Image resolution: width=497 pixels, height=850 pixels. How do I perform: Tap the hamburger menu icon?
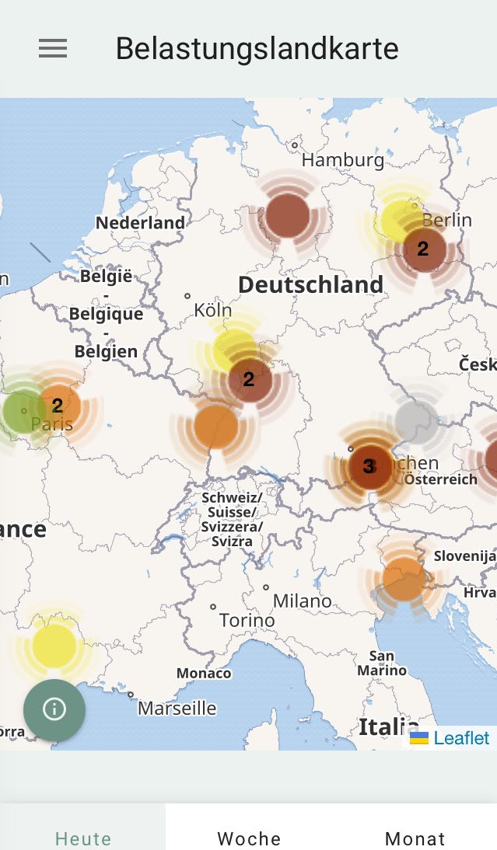[53, 49]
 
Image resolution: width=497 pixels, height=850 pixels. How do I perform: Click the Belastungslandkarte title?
[257, 49]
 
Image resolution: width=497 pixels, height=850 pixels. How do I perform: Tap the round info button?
[54, 709]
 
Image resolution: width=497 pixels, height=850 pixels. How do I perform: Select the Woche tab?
[249, 838]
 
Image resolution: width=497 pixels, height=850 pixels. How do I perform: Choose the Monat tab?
[415, 838]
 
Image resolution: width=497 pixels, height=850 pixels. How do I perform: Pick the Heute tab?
[83, 838]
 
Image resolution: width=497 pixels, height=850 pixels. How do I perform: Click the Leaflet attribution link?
[461, 738]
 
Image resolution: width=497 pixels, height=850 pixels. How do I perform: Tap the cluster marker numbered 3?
[369, 466]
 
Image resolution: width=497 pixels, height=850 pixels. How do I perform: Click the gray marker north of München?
[416, 420]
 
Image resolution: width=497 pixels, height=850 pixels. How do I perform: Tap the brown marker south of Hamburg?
[288, 217]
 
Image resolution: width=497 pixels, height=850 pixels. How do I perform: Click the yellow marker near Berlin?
[401, 220]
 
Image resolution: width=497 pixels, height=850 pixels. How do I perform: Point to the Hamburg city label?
[342, 160]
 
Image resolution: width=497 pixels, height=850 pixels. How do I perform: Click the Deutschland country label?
[310, 284]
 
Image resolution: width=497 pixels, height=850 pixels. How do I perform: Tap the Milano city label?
[302, 601]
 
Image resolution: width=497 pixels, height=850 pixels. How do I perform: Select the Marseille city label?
[177, 709]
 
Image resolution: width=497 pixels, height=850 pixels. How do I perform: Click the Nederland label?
[140, 223]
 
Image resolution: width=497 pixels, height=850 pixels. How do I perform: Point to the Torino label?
[247, 620]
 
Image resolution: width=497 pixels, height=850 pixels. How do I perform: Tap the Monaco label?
[204, 673]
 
